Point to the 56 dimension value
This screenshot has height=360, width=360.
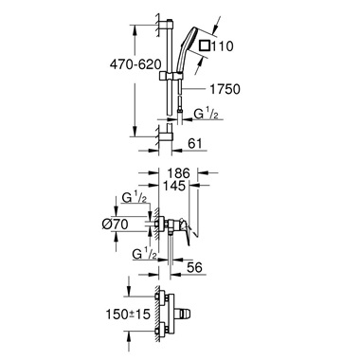196,269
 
